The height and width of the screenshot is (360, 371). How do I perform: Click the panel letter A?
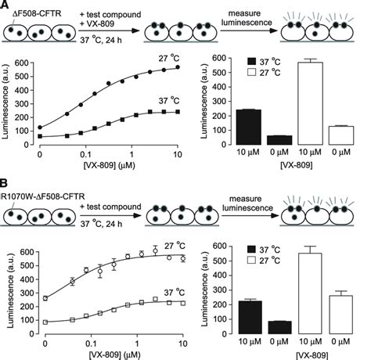6,6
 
